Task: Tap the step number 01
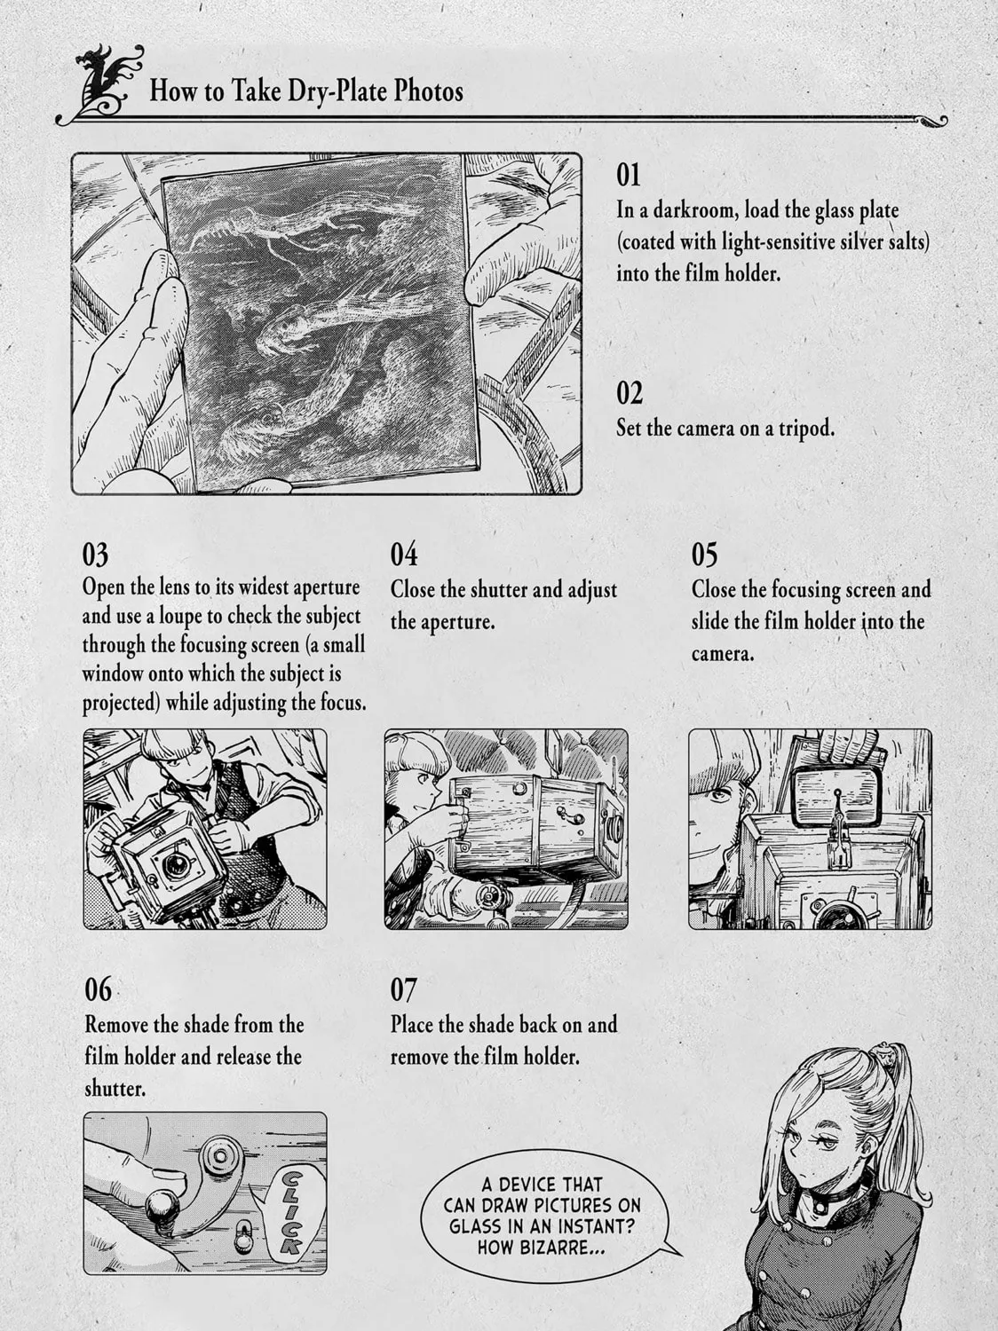pos(629,175)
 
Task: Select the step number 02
pos(630,394)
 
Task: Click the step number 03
pos(95,555)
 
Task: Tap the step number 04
pos(404,555)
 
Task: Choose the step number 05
pos(704,555)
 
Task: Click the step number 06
pos(99,990)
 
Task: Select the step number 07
pos(403,990)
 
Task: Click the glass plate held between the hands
pos(320,321)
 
